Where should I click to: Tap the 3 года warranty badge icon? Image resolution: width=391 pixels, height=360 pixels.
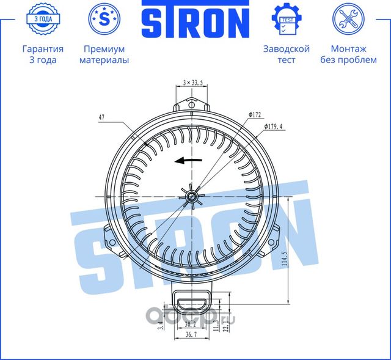point(42,20)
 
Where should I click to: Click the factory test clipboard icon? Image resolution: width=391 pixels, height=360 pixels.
point(286,20)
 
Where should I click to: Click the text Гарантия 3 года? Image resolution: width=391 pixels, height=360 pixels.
point(42,54)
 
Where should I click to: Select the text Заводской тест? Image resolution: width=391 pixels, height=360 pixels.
point(286,54)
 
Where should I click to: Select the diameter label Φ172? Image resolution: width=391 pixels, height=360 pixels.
point(255,114)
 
